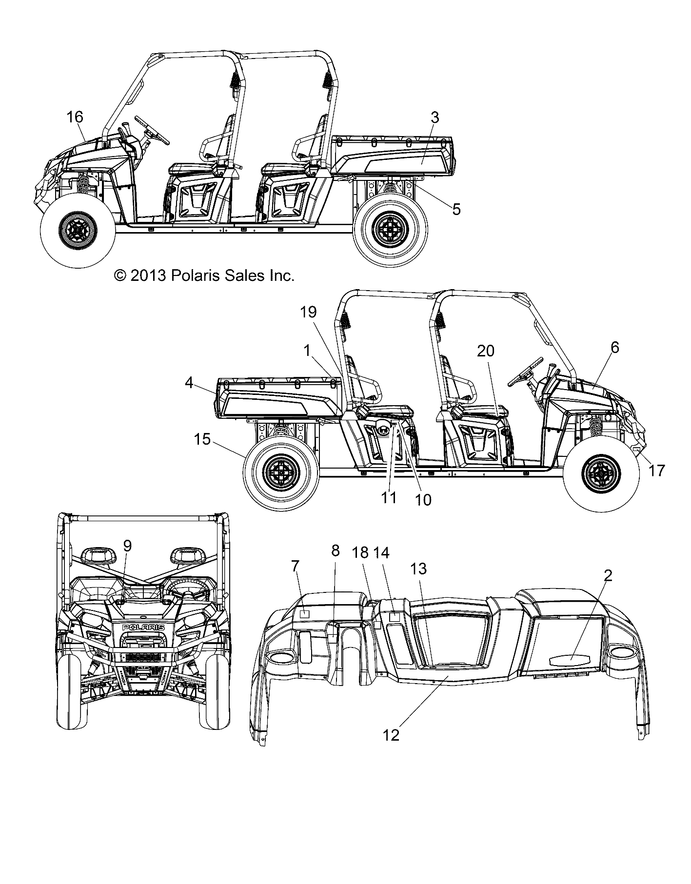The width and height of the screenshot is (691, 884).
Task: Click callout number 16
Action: pos(75,117)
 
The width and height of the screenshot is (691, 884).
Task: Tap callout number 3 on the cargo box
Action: pos(435,117)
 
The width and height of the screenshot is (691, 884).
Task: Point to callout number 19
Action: pos(309,312)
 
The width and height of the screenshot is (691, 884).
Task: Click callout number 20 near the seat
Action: pos(486,351)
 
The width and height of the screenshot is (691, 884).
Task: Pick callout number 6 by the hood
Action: pos(614,347)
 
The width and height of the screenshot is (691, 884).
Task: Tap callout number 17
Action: pos(657,471)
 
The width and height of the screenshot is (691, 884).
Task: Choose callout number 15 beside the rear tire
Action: pos(202,439)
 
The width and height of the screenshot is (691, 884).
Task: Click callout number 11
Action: pos(389,497)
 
